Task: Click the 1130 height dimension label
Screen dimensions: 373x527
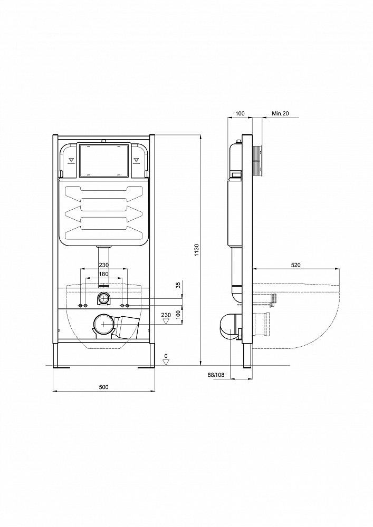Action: (197, 250)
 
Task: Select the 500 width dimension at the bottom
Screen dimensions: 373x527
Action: (103, 387)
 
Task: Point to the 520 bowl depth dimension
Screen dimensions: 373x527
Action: (295, 265)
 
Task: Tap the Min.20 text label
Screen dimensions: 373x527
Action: (280, 113)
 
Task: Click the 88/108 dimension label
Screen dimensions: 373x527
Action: (216, 374)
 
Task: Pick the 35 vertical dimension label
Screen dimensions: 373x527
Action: (178, 285)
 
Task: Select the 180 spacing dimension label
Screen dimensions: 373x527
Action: (103, 274)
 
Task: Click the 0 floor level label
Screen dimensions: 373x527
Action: (166, 356)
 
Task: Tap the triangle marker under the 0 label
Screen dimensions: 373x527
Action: (166, 362)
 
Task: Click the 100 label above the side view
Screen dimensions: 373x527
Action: (240, 113)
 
